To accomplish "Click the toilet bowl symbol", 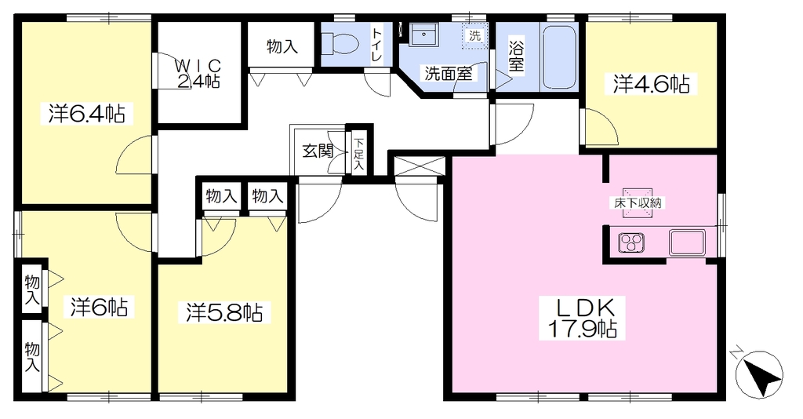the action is pos(340,42).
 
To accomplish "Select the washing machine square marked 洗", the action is pos(474,36).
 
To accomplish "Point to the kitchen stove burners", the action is pos(631,242).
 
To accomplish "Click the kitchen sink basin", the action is pos(687,242).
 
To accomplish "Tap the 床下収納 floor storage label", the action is pos(638,203).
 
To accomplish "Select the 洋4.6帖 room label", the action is pos(651,84).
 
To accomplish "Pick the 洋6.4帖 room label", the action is pos(88,113).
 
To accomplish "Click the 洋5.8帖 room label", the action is pos(225,312).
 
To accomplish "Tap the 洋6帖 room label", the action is pos(99,306).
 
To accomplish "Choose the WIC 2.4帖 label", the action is pos(198,73).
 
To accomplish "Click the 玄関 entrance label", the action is pos(318,151).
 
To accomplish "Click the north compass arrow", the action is pos(759,374).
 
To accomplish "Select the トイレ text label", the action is pos(377,45).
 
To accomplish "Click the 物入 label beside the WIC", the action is pos(282,46).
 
